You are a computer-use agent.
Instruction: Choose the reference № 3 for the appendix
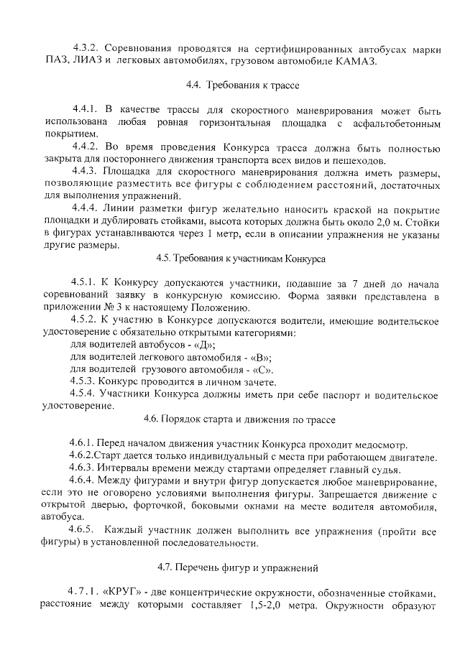click(107, 307)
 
